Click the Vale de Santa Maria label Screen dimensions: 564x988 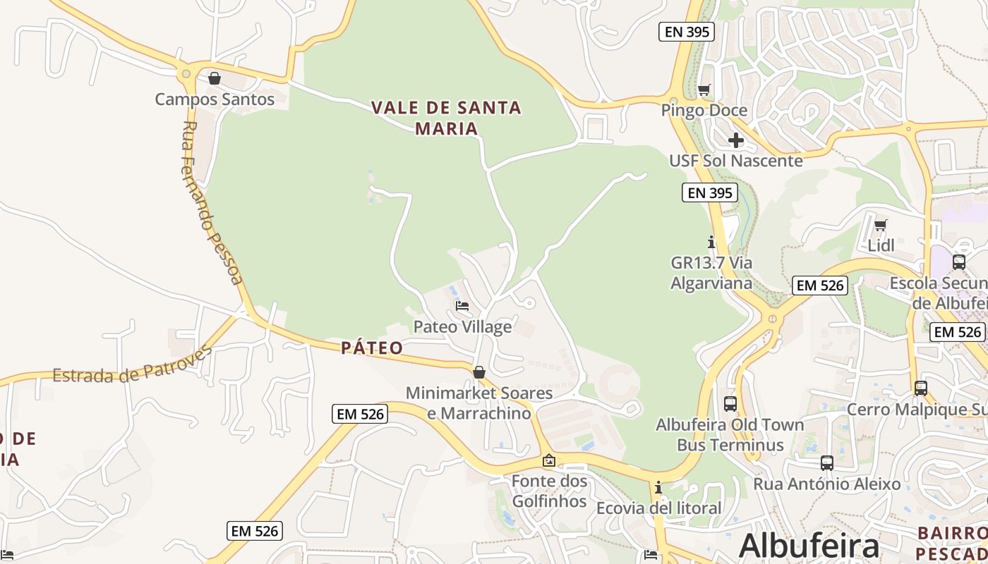pyautogui.click(x=446, y=118)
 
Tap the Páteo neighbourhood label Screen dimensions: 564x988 pyautogui.click(x=372, y=348)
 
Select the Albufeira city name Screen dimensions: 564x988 pyautogui.click(x=809, y=546)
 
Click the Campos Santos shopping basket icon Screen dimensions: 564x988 pyautogui.click(x=215, y=78)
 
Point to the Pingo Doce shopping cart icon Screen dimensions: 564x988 pyautogui.click(x=704, y=90)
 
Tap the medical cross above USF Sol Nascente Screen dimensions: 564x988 pyautogui.click(x=736, y=140)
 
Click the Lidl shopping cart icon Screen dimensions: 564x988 pyautogui.click(x=880, y=226)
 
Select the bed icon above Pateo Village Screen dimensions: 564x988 pyautogui.click(x=462, y=306)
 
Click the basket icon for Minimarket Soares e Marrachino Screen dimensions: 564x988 pyautogui.click(x=479, y=372)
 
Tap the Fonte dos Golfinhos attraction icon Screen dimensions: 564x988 pyautogui.click(x=548, y=461)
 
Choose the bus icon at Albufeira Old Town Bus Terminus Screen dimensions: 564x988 pyautogui.click(x=730, y=404)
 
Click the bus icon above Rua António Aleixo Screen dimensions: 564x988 pyautogui.click(x=826, y=463)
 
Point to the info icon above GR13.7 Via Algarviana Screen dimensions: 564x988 pyautogui.click(x=711, y=242)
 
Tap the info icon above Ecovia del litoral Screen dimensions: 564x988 pyautogui.click(x=658, y=487)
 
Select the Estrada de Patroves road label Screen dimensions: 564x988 pyautogui.click(x=132, y=366)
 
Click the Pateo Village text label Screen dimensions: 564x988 pyautogui.click(x=462, y=327)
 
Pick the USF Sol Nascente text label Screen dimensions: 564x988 pyautogui.click(x=735, y=161)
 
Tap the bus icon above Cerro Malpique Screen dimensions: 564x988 pyautogui.click(x=921, y=388)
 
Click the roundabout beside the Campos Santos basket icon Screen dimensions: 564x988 pyautogui.click(x=186, y=73)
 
